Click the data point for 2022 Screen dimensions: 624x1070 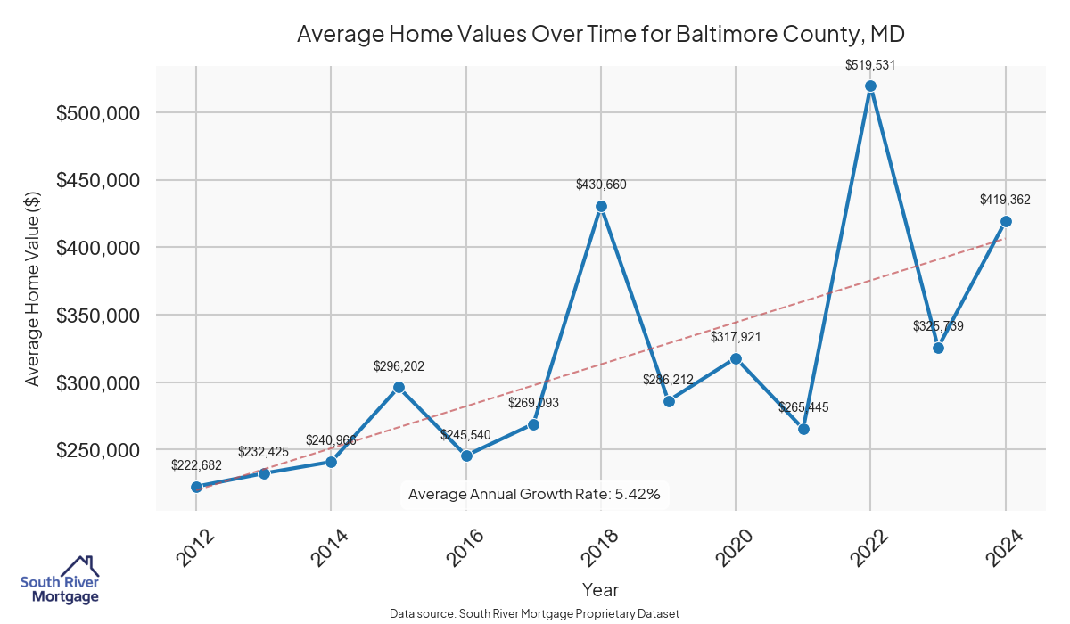(871, 86)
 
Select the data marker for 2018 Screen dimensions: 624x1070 (601, 206)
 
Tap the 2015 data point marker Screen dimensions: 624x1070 (399, 387)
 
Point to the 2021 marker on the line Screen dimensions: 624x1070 (803, 429)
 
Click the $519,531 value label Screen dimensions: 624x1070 (871, 64)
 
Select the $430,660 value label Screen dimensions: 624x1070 (601, 185)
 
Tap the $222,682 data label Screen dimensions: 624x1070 (196, 465)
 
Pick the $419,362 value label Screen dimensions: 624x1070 (1005, 200)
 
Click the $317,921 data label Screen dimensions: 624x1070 (736, 337)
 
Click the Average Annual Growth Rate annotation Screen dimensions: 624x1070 (534, 494)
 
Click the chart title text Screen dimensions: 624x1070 (601, 35)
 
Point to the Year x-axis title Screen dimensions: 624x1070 (600, 589)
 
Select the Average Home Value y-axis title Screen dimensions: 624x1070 (32, 288)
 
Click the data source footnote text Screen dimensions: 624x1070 (535, 614)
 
